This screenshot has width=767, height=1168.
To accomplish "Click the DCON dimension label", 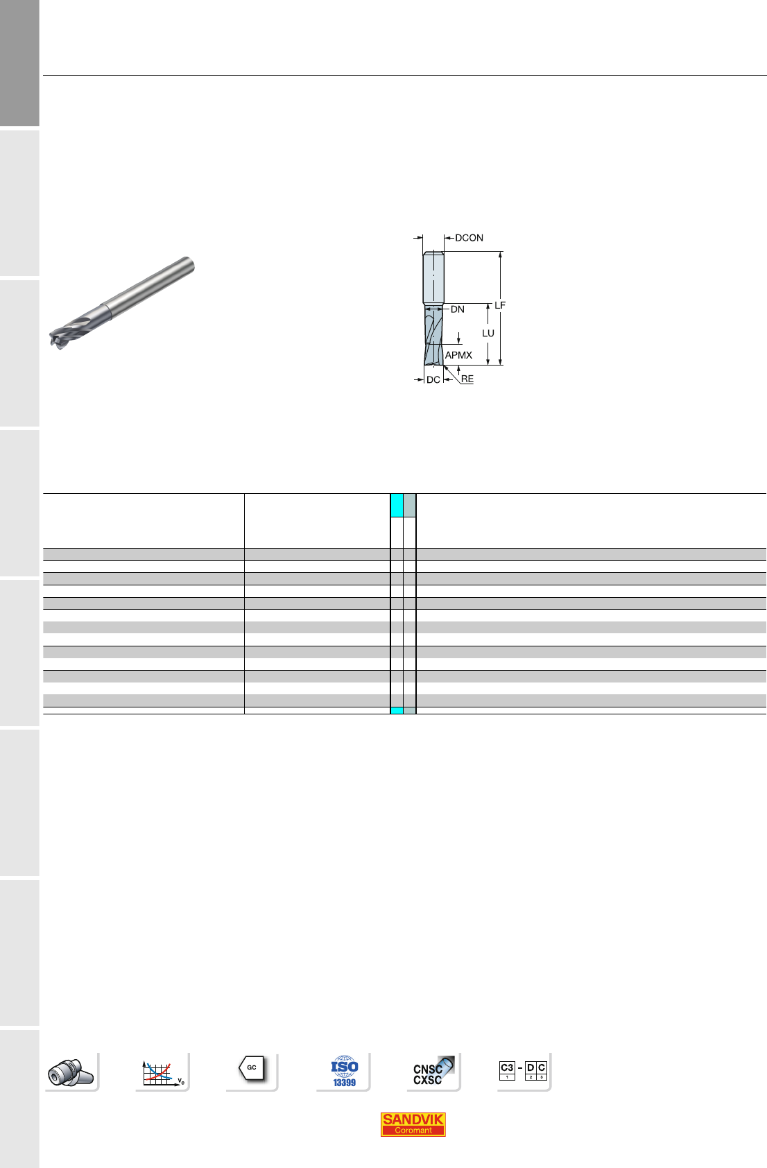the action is click(x=469, y=238).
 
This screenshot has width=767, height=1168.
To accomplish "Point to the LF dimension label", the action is click(x=500, y=305).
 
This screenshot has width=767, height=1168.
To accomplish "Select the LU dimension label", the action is click(x=488, y=333).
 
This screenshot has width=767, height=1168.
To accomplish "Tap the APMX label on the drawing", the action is click(x=458, y=355).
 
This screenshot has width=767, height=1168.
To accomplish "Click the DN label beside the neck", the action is click(x=457, y=309).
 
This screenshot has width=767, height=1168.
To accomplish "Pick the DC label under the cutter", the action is click(x=433, y=379).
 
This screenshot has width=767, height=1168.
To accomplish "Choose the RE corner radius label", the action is click(x=467, y=379).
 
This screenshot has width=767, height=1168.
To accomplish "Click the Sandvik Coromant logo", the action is click(x=413, y=1124).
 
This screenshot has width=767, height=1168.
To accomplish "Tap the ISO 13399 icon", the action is click(x=344, y=1071).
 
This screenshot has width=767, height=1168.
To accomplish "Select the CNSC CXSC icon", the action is click(x=433, y=1071).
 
